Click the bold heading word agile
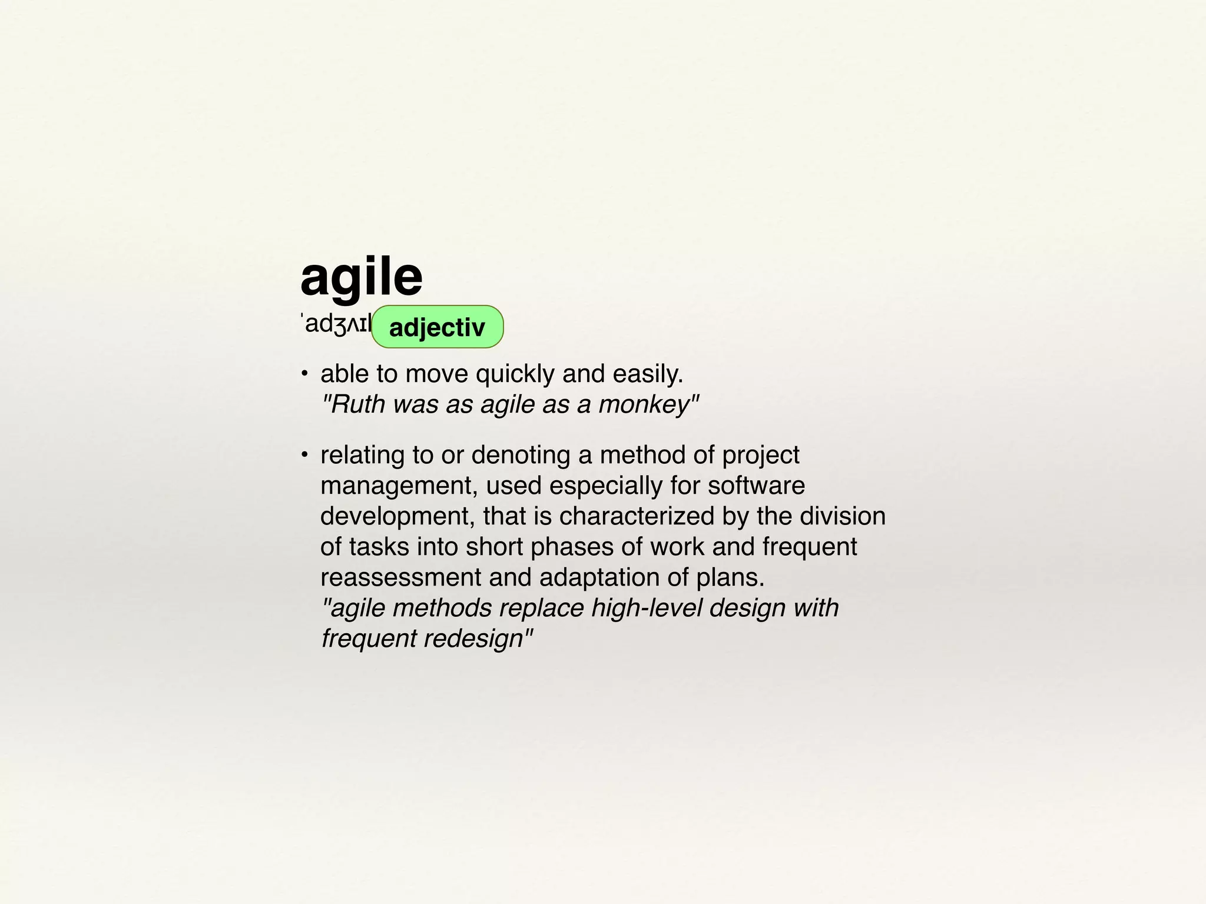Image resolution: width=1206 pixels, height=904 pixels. click(361, 278)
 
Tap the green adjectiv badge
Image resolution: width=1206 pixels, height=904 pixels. click(438, 327)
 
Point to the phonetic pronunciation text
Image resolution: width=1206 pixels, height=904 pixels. click(336, 324)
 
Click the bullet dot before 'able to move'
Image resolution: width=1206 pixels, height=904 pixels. click(304, 373)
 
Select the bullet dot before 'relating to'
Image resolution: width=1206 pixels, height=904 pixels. click(304, 454)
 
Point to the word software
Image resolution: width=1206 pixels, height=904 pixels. click(756, 486)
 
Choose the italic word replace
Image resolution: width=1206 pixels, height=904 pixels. click(541, 608)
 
